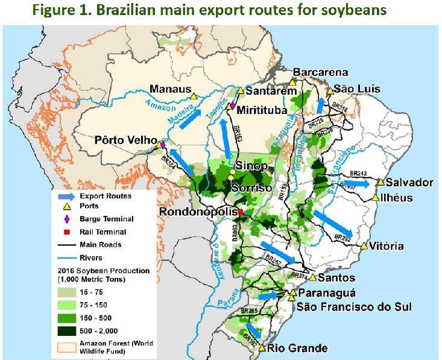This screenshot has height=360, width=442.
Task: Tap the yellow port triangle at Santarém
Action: pyautogui.click(x=240, y=91)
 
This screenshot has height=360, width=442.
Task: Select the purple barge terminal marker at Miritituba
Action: pyautogui.click(x=232, y=106)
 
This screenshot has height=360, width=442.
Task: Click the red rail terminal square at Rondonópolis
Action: pyautogui.click(x=241, y=213)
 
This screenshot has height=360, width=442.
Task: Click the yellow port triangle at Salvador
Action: pyautogui.click(x=381, y=182)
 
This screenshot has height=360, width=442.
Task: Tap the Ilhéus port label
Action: pyautogui.click(x=400, y=198)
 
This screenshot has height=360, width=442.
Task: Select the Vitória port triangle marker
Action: pyautogui.click(x=364, y=247)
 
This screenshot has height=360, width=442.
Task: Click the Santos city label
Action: pyautogui.click(x=336, y=278)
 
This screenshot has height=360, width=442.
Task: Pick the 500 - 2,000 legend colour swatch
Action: pyautogui.click(x=63, y=329)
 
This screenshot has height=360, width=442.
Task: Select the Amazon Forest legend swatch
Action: pyautogui.click(x=63, y=346)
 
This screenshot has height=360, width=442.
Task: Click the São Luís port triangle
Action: pyautogui.click(x=330, y=91)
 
